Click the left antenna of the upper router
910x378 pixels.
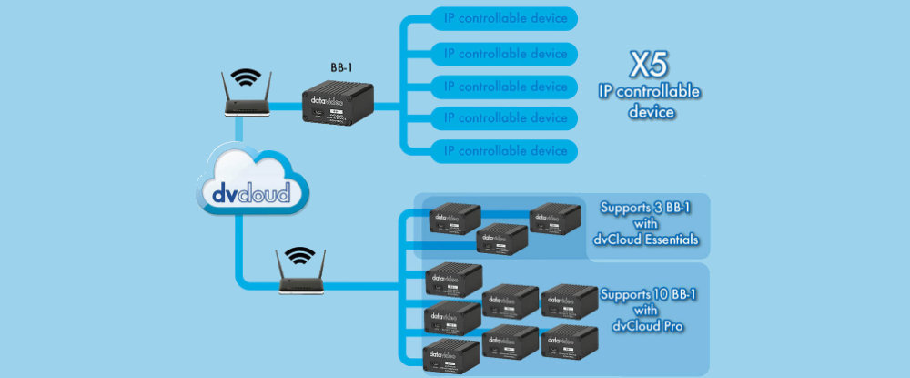(226, 85)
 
